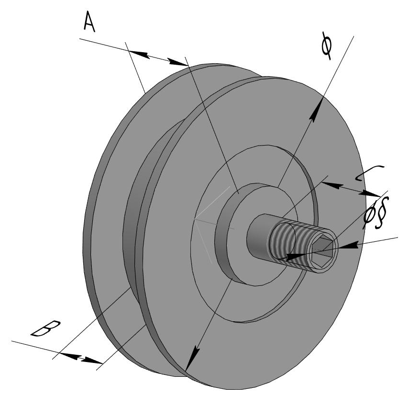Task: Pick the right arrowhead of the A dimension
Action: [179, 62]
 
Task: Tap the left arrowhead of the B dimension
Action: [62, 355]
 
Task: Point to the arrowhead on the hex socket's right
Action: [349, 245]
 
